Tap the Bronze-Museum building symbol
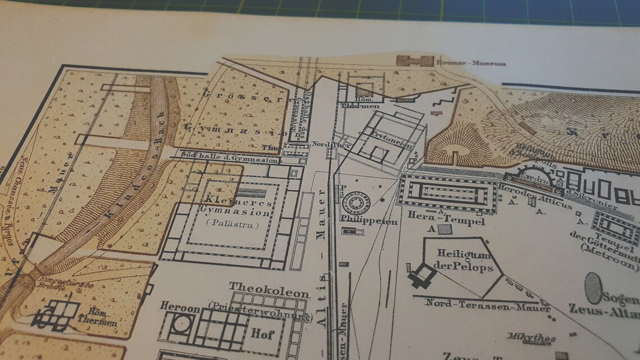point(415,61)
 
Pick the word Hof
point(262,334)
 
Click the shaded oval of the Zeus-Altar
point(593,288)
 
